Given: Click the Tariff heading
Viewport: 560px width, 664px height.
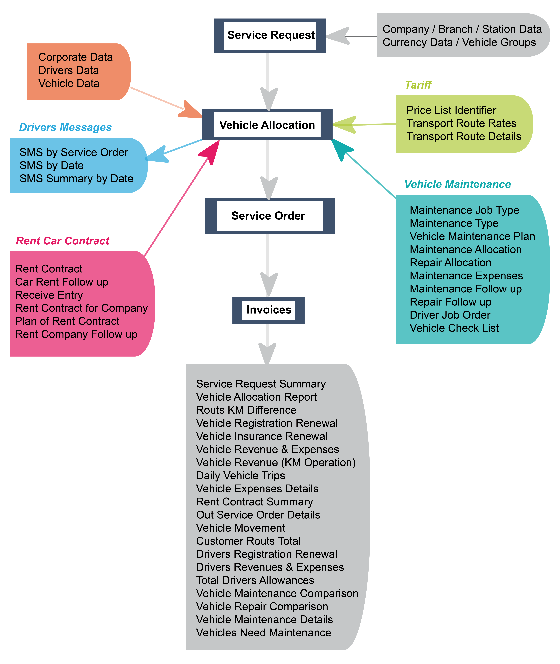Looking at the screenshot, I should [x=418, y=85].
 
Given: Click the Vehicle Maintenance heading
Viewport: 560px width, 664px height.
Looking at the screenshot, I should [x=457, y=184].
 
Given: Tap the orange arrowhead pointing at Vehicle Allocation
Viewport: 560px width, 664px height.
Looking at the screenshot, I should [x=189, y=111].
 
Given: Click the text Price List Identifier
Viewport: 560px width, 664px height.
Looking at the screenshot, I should [x=451, y=110].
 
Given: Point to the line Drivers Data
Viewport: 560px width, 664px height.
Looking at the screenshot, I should [x=69, y=70].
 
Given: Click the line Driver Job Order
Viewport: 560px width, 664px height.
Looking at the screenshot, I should [x=450, y=315].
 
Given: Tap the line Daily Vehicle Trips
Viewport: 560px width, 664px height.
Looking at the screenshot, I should [x=240, y=476].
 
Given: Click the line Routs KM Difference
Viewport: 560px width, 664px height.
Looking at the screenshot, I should [x=246, y=410].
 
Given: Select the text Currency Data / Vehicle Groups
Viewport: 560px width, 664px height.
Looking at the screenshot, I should [x=459, y=42].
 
